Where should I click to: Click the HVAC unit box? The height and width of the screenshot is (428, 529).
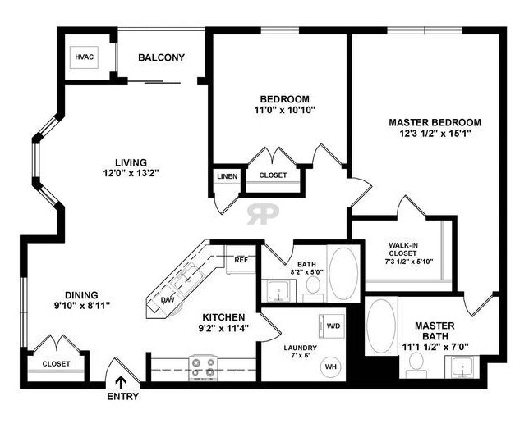(x=84, y=57)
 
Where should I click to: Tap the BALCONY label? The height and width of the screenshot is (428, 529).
(x=161, y=57)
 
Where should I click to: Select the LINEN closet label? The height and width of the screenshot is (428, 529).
(x=227, y=176)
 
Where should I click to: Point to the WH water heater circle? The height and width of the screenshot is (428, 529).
(x=331, y=367)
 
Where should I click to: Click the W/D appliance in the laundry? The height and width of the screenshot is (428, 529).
(x=331, y=326)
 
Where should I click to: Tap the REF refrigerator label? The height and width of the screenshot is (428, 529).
(x=241, y=260)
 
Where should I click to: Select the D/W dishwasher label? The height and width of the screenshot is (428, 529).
(x=168, y=300)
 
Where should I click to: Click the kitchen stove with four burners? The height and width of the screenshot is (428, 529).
(x=203, y=367)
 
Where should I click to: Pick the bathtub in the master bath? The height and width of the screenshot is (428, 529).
(x=382, y=326)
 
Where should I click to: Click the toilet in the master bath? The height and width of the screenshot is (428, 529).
(x=416, y=366)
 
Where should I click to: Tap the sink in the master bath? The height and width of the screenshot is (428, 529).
(x=463, y=367)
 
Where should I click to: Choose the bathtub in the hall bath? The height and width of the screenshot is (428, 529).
(x=343, y=273)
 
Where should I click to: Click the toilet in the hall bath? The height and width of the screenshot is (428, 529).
(x=313, y=289)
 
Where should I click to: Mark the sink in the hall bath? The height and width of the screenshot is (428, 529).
(x=278, y=291)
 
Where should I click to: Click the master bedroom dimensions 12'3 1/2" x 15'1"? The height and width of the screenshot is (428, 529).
(x=435, y=134)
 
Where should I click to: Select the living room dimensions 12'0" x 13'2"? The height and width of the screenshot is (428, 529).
(x=131, y=173)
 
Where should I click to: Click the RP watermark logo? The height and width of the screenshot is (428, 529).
(x=263, y=214)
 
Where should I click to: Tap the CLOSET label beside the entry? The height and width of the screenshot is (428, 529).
(x=57, y=364)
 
